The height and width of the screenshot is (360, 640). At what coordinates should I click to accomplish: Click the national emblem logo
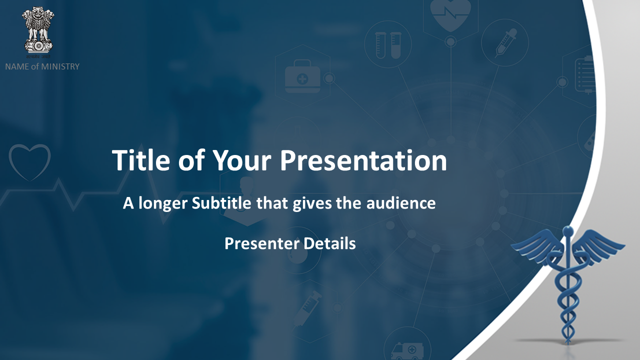click(x=37, y=32)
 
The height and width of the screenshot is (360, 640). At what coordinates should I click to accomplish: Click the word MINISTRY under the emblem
click(x=60, y=66)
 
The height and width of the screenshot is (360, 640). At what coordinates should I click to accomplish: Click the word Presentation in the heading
click(x=363, y=160)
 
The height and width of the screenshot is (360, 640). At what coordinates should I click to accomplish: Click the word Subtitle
click(x=221, y=203)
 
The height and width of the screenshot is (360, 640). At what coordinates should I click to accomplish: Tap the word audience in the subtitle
click(x=401, y=203)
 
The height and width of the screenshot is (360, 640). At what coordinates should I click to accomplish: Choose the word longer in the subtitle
click(x=163, y=203)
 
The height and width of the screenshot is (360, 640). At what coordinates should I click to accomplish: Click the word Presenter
click(x=262, y=243)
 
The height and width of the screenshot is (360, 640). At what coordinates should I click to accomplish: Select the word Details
click(x=329, y=243)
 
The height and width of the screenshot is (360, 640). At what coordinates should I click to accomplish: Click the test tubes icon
click(x=388, y=45)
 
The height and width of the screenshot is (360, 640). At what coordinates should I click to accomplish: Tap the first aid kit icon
click(x=302, y=76)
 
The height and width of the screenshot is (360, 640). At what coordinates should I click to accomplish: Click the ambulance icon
click(x=407, y=351)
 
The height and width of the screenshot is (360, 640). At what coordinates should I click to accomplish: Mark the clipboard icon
click(x=585, y=75)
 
